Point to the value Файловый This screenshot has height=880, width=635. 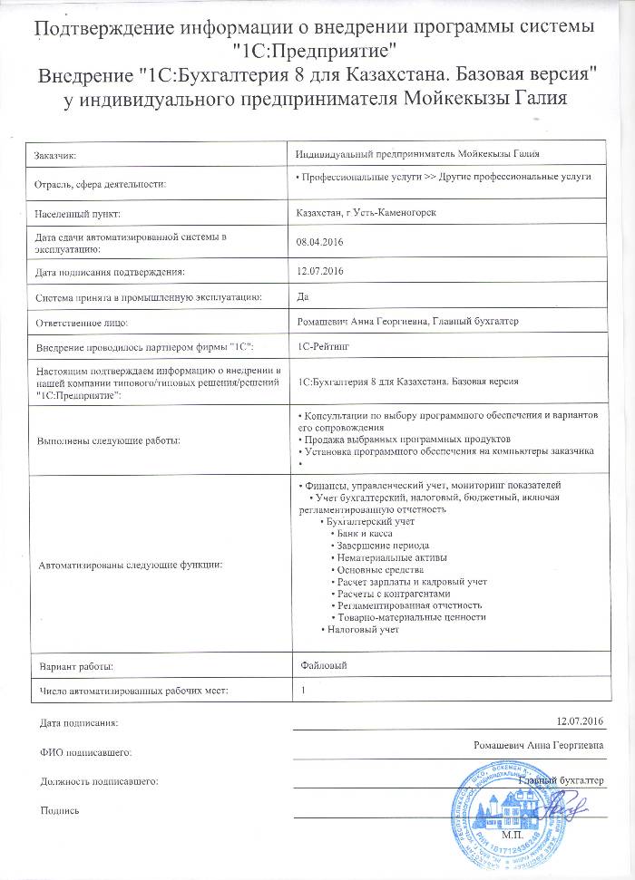click(x=322, y=666)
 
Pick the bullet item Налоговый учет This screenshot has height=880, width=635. click(x=363, y=629)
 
